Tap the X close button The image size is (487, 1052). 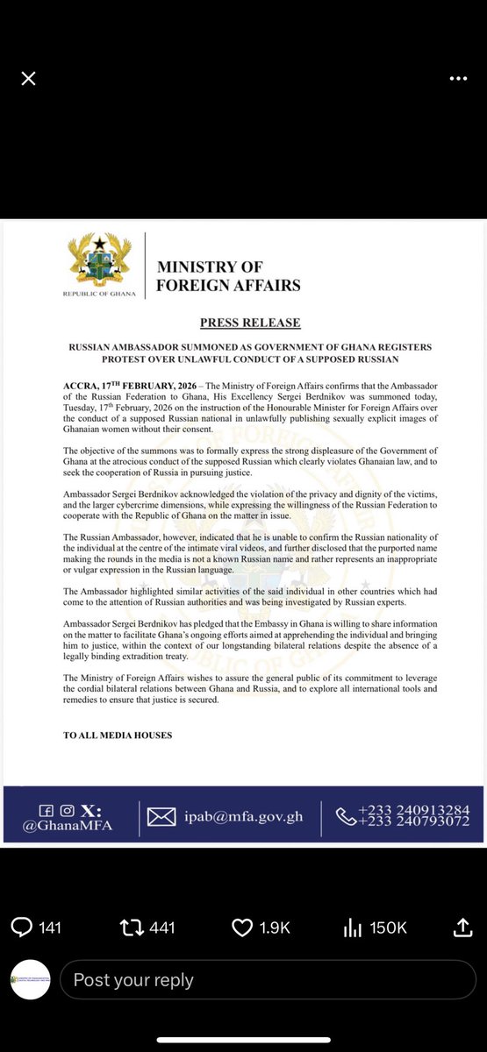[x=28, y=79]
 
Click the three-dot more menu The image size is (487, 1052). [x=458, y=79]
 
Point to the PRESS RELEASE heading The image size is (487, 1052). [x=250, y=323]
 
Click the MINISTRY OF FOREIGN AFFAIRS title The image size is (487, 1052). [x=228, y=275]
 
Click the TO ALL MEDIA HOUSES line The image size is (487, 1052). [x=118, y=735]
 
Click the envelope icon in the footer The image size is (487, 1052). [x=161, y=817]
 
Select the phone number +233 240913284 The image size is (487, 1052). [x=413, y=808]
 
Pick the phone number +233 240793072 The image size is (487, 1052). [x=413, y=821]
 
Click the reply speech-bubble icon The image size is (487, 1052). [x=22, y=927]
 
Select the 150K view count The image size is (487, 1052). [x=387, y=927]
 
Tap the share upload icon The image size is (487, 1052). [x=462, y=926]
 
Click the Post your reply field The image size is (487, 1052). [x=263, y=980]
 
